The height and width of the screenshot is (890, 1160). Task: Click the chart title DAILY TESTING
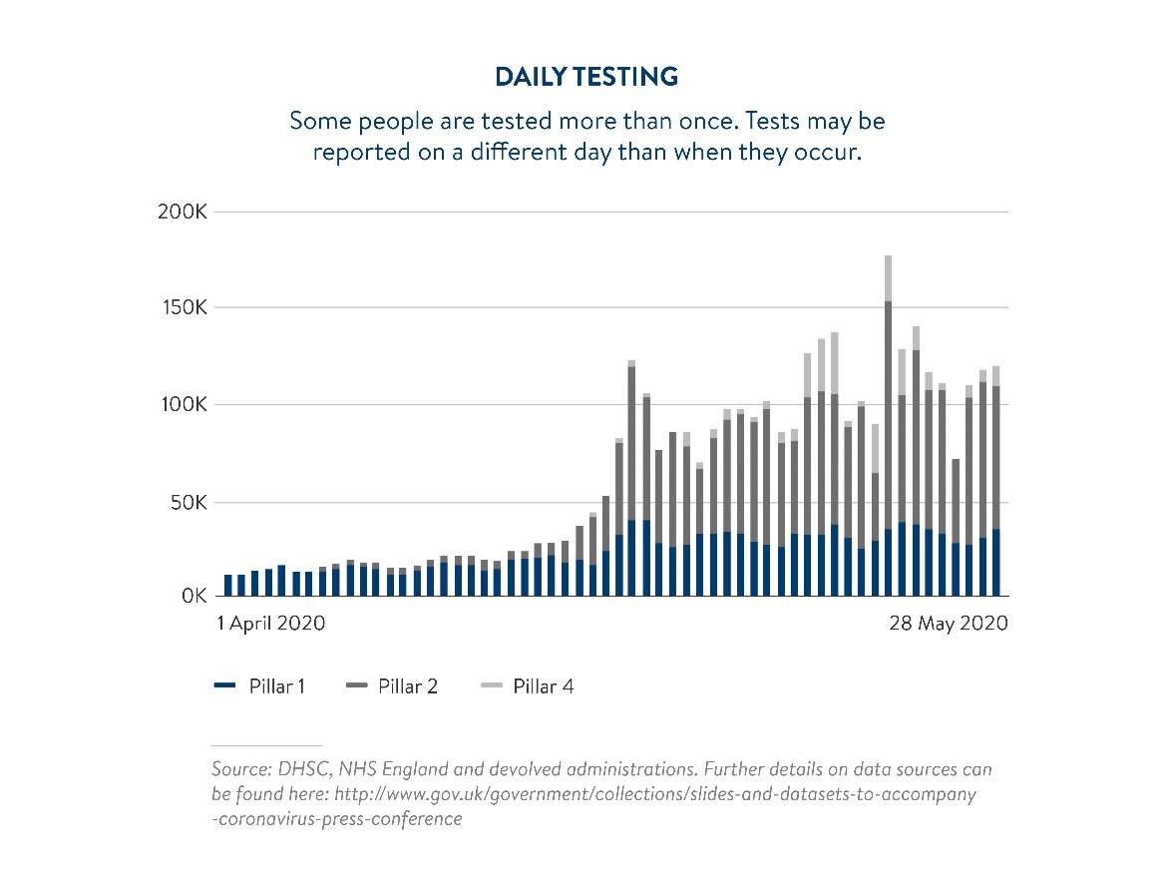[586, 77]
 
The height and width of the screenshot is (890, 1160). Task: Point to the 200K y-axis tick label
[182, 213]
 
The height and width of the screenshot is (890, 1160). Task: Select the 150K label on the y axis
[182, 308]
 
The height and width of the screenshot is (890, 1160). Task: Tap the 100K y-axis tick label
[182, 405]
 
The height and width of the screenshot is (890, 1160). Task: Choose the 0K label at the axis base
[193, 597]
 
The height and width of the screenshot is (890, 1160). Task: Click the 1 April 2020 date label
[271, 624]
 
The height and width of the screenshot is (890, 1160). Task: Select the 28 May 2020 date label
[948, 624]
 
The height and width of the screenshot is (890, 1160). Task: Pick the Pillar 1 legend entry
[260, 686]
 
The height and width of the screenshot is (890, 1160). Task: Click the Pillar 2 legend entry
[391, 686]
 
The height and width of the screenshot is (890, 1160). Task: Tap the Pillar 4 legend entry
[527, 686]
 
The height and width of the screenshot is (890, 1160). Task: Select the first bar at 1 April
[228, 586]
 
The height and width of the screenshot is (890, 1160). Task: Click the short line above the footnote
[266, 745]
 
